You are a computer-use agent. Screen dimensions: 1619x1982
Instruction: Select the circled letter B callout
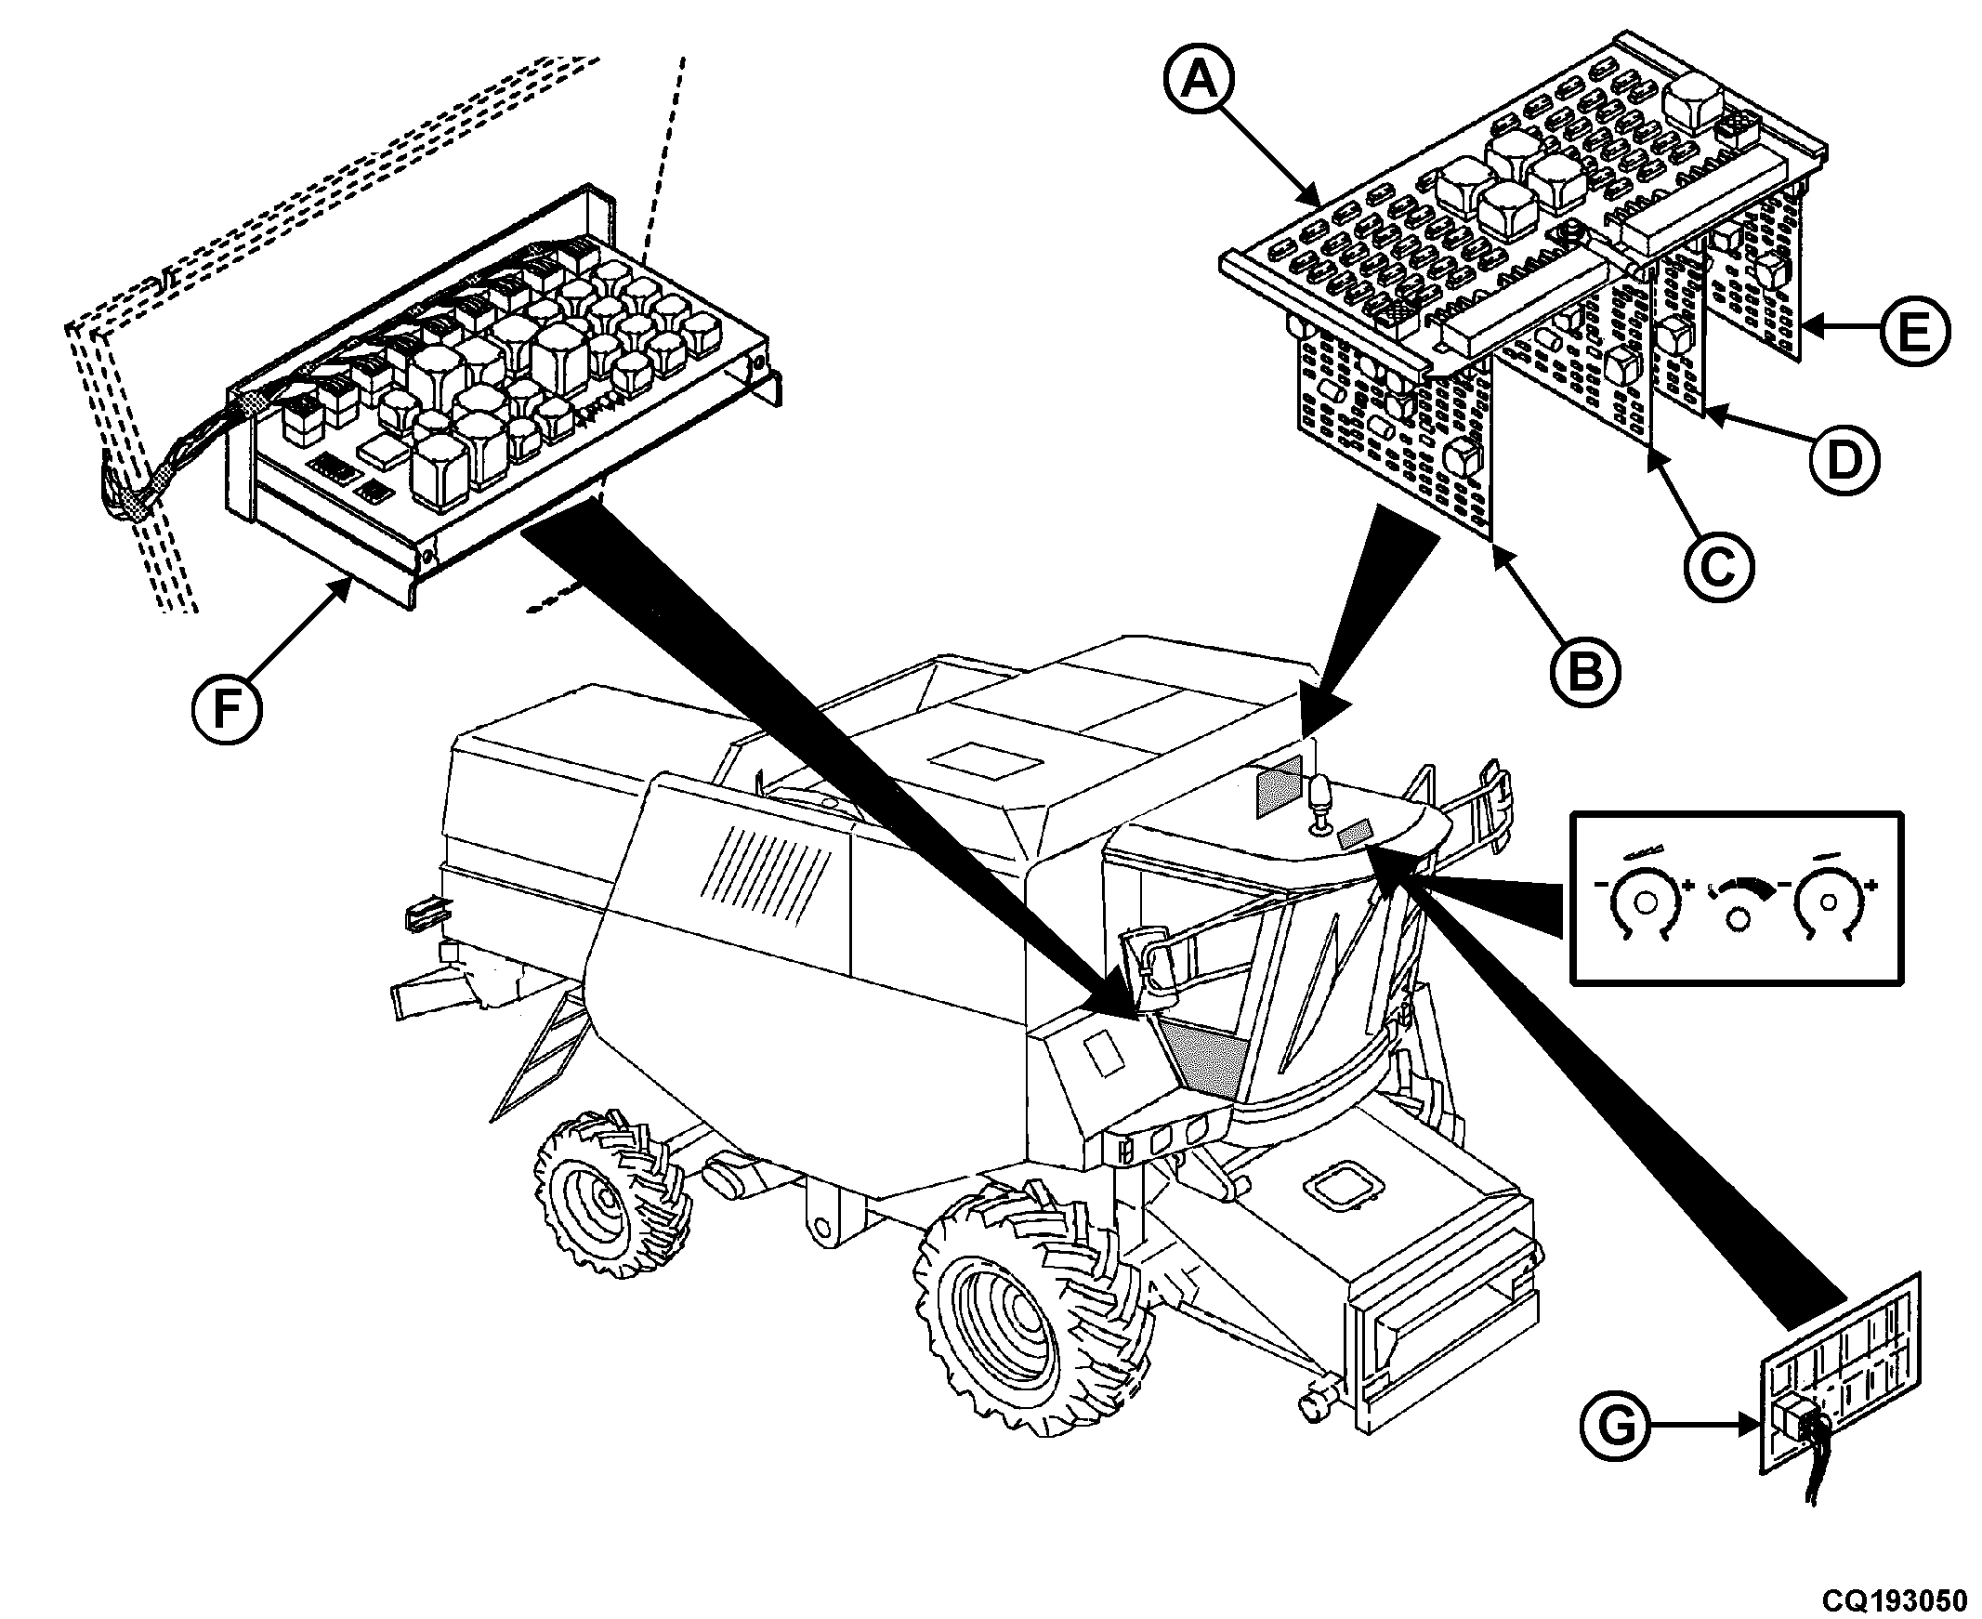pos(1586,670)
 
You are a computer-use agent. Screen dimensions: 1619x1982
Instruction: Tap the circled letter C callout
pos(1718,564)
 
